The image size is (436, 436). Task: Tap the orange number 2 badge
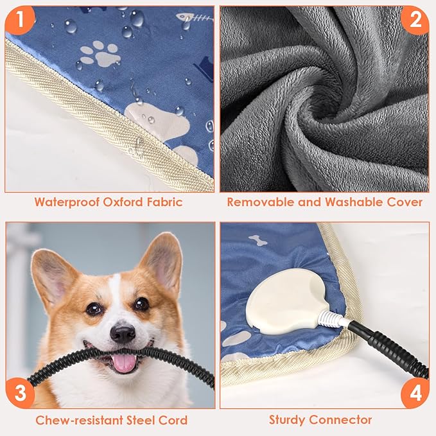[x=414, y=21]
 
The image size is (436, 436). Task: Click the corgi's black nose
[x=122, y=333]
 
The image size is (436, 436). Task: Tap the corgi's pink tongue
[x=124, y=363]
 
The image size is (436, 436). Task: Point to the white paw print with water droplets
[x=101, y=53]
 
